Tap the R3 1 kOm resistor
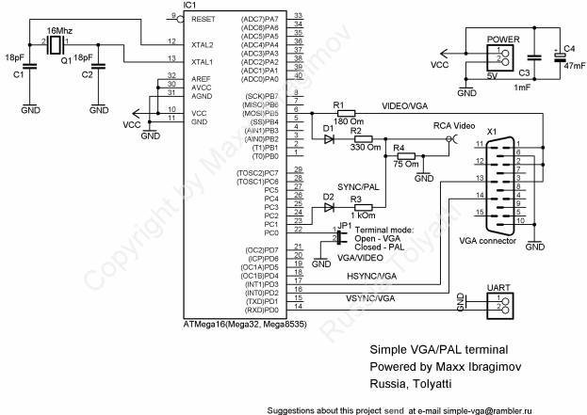click(357, 207)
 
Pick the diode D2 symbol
click(328, 207)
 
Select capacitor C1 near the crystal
click(30, 65)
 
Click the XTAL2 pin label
click(203, 44)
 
